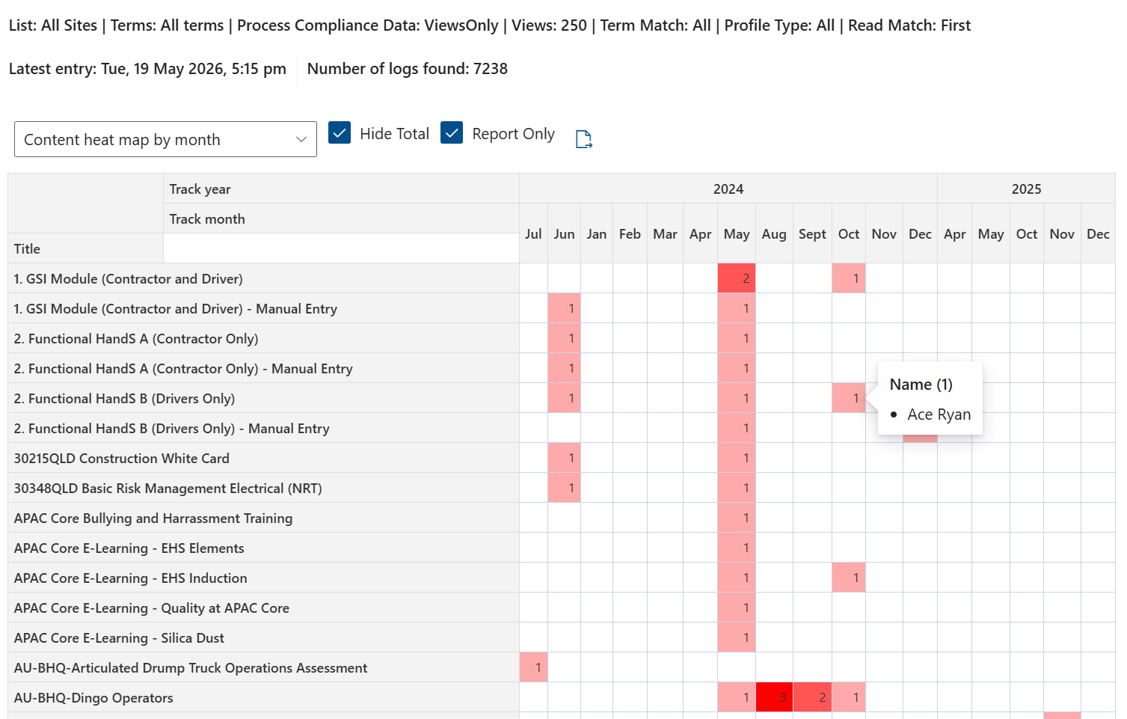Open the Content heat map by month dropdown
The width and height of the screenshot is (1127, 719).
165,139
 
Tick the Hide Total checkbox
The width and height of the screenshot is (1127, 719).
340,133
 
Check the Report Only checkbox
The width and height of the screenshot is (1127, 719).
451,133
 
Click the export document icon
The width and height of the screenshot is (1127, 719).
583,139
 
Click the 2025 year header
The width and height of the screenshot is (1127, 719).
1026,189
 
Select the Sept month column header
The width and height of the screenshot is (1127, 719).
812,234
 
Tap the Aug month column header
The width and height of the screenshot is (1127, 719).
774,234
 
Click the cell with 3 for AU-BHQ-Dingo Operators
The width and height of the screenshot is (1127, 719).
774,697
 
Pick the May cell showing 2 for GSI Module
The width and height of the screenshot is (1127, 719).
737,278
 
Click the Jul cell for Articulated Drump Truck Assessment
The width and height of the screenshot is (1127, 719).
533,667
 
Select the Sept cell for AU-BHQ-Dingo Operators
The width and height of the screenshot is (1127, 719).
813,697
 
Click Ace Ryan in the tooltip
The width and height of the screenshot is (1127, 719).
939,414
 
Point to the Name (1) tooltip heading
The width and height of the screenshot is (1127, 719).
921,385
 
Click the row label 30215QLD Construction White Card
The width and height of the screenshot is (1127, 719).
122,458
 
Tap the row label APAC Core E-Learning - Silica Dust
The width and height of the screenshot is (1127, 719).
119,638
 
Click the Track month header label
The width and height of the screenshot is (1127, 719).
207,219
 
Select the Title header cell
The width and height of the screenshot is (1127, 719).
85,248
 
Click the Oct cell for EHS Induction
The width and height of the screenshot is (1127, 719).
849,578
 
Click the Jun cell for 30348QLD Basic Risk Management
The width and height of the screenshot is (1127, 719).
564,488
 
